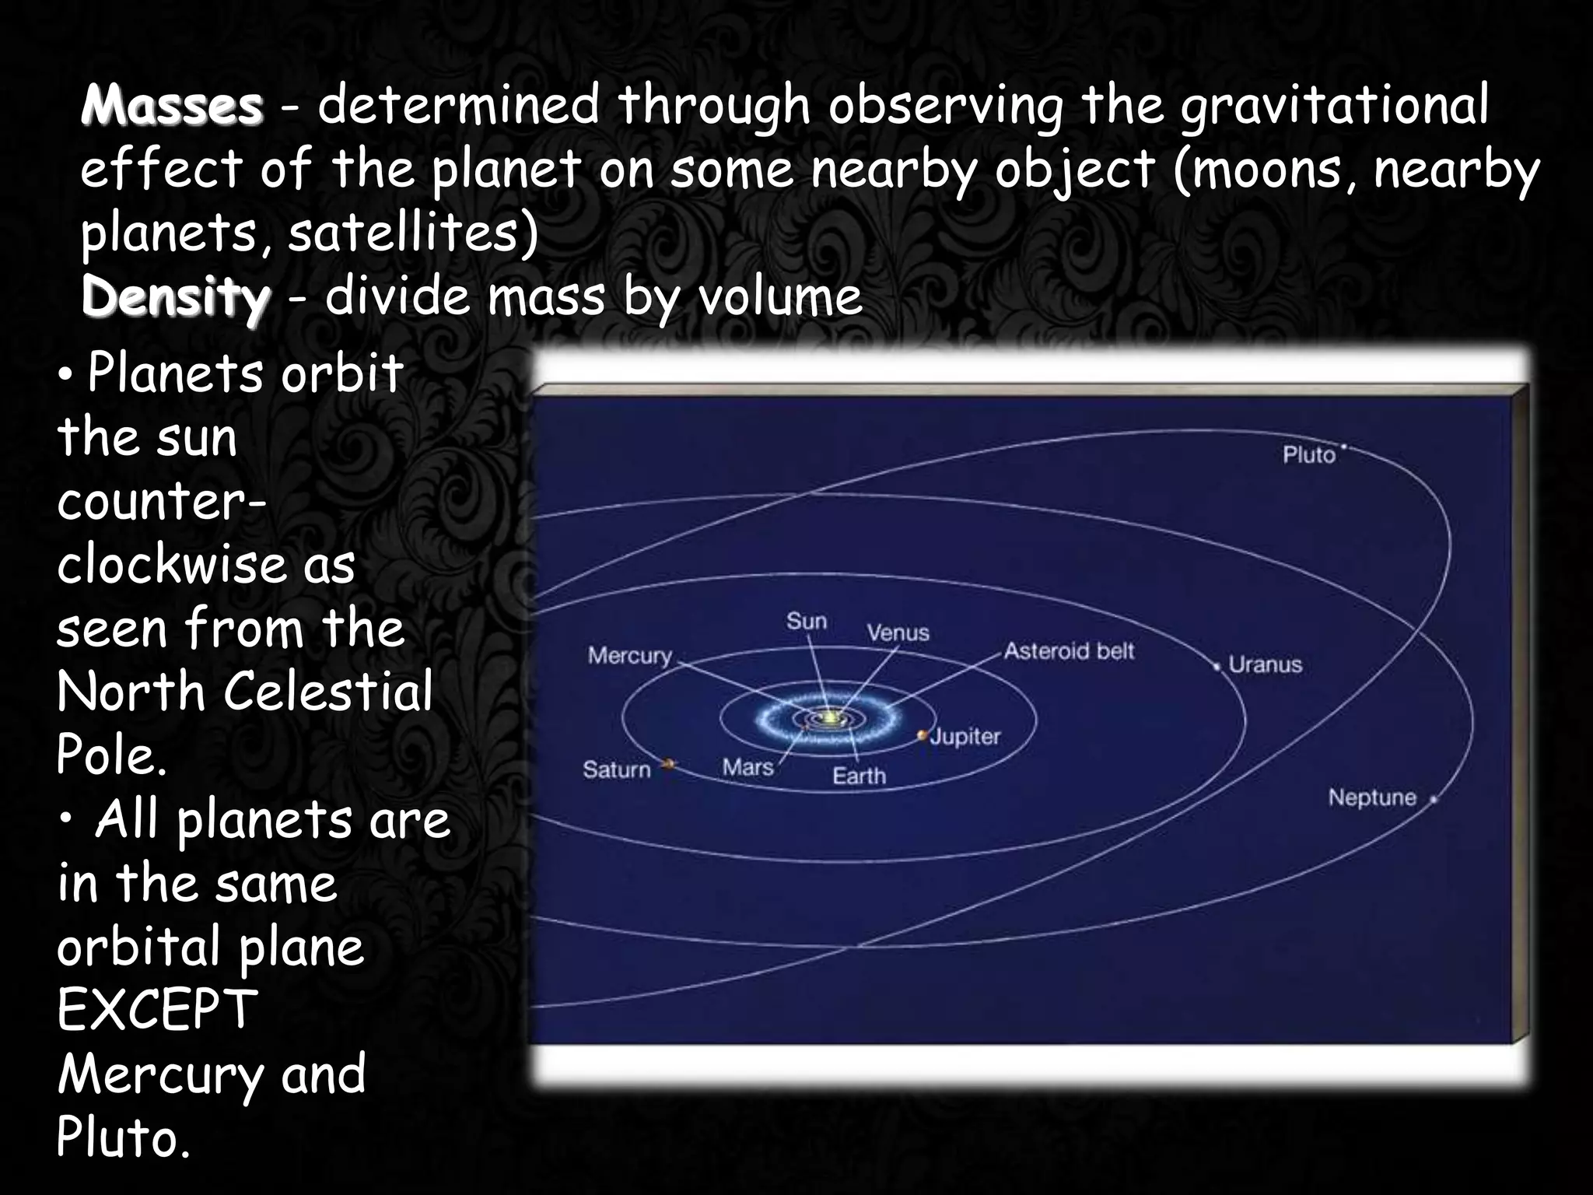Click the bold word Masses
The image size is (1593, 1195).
(x=172, y=106)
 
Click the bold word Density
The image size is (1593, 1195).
(x=176, y=298)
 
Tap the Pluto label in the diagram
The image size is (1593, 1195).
(x=1308, y=455)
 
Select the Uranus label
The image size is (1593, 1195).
(x=1265, y=665)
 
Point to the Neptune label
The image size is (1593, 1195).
(x=1372, y=798)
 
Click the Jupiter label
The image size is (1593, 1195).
(x=965, y=737)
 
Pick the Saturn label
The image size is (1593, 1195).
(x=616, y=770)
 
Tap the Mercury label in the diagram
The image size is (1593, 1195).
(x=629, y=656)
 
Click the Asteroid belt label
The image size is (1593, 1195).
(x=1069, y=651)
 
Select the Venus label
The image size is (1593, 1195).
(x=898, y=633)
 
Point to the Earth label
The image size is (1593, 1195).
(x=859, y=776)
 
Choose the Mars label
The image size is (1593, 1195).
(x=747, y=768)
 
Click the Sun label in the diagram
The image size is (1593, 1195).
(x=806, y=622)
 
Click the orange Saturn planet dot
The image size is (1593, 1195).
(x=668, y=765)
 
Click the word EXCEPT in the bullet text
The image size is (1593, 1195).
(x=157, y=1010)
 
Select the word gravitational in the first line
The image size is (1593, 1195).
(x=1333, y=106)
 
